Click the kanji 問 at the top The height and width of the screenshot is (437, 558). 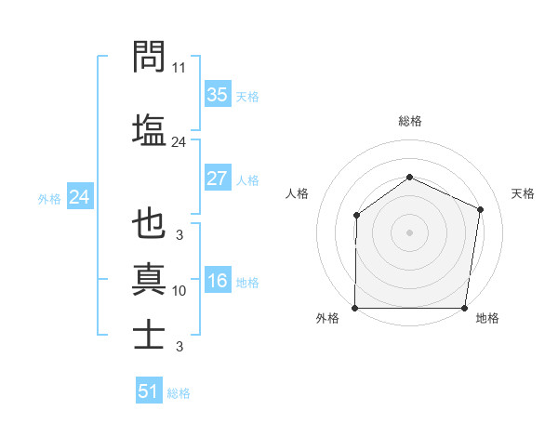pyautogui.click(x=149, y=57)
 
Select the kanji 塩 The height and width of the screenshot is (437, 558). pyautogui.click(x=149, y=128)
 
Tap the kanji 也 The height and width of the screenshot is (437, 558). pyautogui.click(x=149, y=224)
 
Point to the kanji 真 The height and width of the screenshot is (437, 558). pyautogui.click(x=149, y=278)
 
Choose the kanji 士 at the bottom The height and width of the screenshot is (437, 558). pyautogui.click(x=149, y=334)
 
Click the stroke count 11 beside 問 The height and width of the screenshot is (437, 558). pyautogui.click(x=179, y=69)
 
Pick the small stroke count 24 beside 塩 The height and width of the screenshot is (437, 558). pyautogui.click(x=179, y=142)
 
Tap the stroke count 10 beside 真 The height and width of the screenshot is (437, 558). pyautogui.click(x=179, y=291)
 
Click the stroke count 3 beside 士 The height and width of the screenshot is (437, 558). pyautogui.click(x=179, y=347)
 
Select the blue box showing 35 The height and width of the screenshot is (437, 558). pyautogui.click(x=217, y=95)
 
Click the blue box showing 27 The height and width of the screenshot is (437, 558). pyautogui.click(x=217, y=179)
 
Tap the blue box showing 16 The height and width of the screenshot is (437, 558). pyautogui.click(x=217, y=281)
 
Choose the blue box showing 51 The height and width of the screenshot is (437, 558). pyautogui.click(x=149, y=391)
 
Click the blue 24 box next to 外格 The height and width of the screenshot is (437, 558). pyautogui.click(x=79, y=197)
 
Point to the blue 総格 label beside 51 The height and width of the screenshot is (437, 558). pyautogui.click(x=179, y=393)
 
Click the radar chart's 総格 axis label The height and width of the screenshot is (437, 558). pyautogui.click(x=410, y=121)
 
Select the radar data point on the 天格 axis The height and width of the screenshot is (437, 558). pyautogui.click(x=481, y=209)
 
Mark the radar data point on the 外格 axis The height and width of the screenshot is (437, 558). pyautogui.click(x=355, y=308)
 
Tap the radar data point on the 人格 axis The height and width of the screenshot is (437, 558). pyautogui.click(x=356, y=216)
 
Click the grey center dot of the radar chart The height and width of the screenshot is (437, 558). pyautogui.click(x=410, y=232)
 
